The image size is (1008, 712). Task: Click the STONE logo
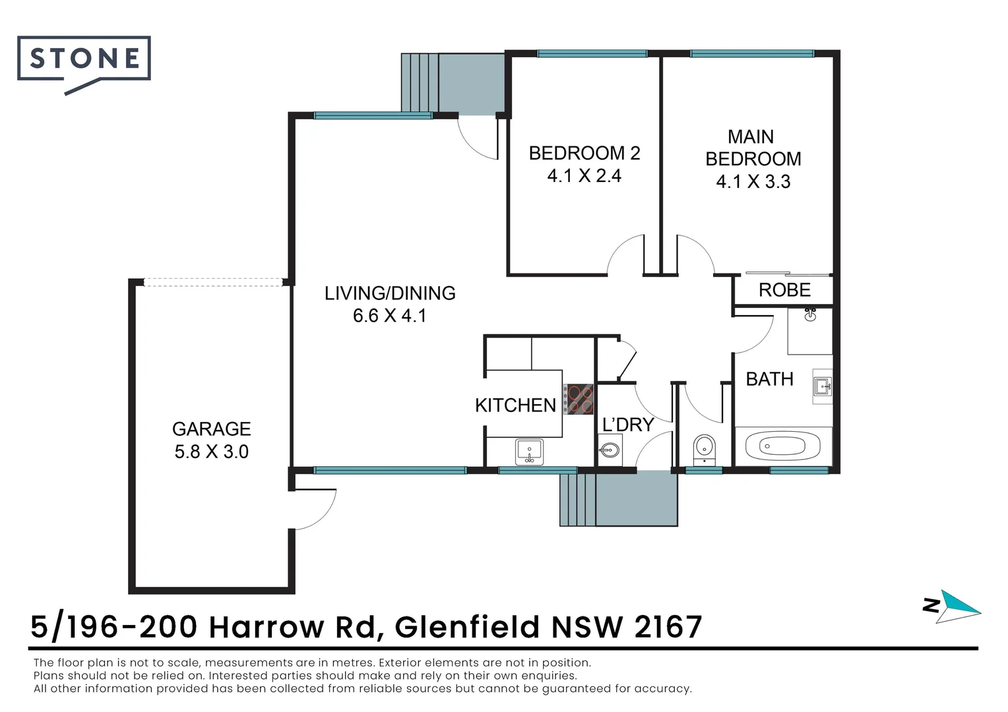[x=84, y=59]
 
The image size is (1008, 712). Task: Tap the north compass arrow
[x=958, y=606]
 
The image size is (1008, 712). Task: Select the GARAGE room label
[x=211, y=429]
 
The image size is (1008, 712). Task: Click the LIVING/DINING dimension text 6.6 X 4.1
[x=389, y=316]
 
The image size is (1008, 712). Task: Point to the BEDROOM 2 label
[x=584, y=154]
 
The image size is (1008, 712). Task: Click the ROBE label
[x=784, y=290]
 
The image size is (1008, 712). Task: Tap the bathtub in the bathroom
[x=783, y=447]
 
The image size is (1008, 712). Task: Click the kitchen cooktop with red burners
[x=579, y=399]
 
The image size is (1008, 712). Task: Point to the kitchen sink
[x=528, y=452]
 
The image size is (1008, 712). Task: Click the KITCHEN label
[x=515, y=405]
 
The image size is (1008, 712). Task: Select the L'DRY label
[x=627, y=425]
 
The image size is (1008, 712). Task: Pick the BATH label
[x=769, y=379]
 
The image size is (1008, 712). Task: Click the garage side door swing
[x=315, y=509]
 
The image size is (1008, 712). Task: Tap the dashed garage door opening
[x=212, y=282]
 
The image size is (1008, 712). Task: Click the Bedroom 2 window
[x=592, y=53]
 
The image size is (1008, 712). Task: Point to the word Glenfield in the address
[x=466, y=626]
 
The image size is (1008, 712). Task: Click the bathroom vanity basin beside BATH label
[x=822, y=386]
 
